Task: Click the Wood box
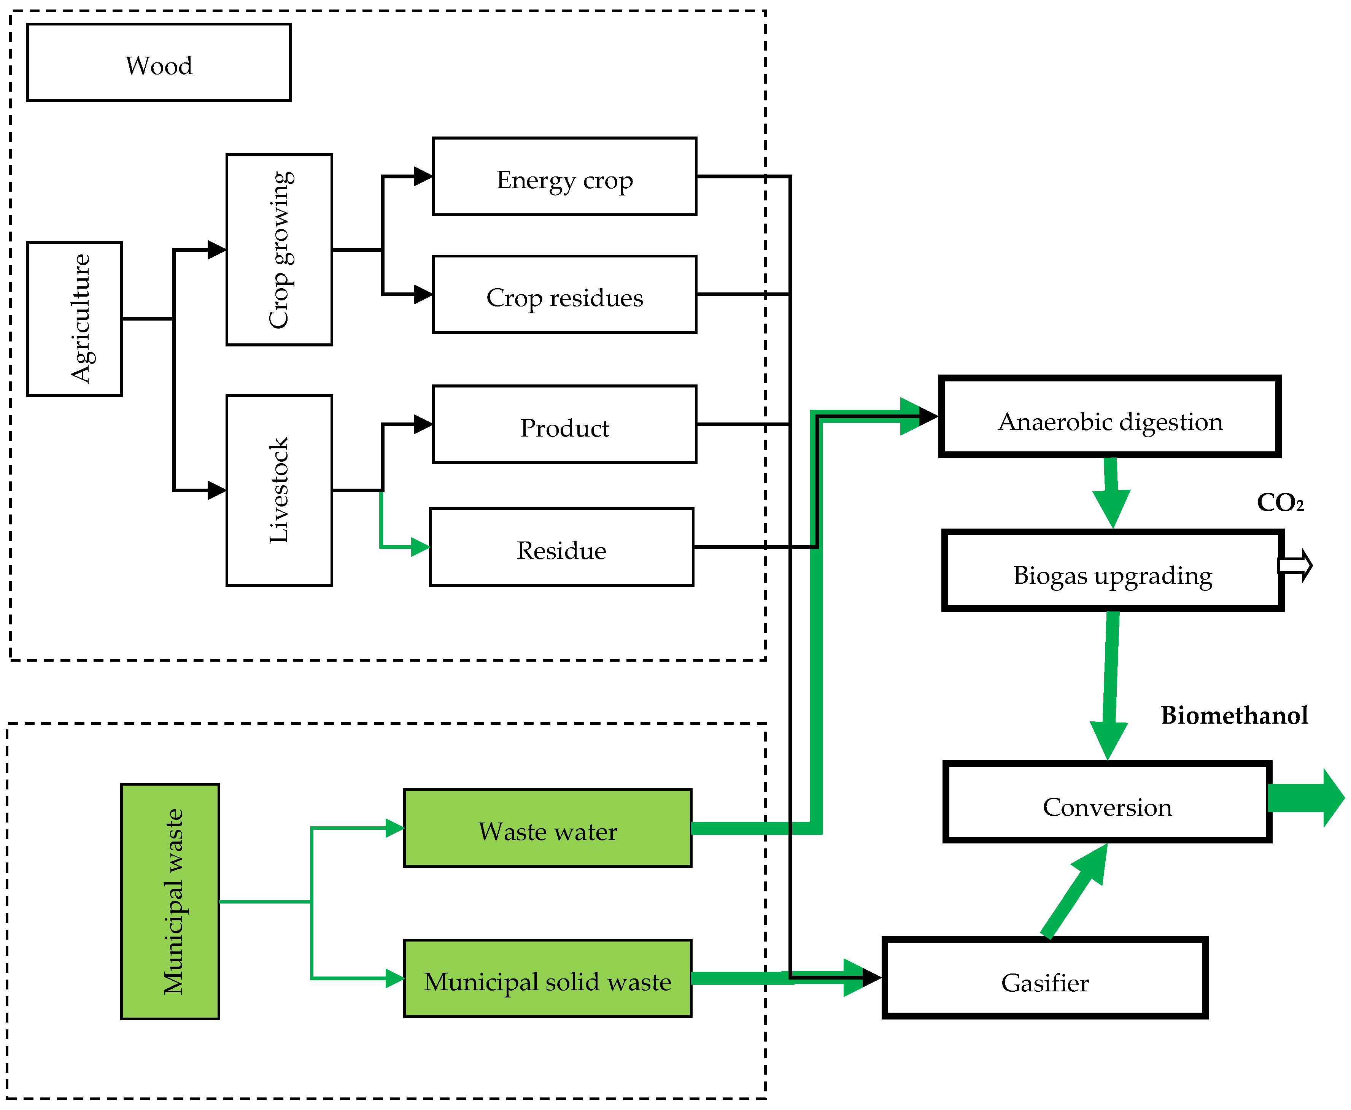tap(159, 63)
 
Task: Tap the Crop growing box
tap(280, 249)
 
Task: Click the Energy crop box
tap(564, 176)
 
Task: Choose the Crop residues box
tap(564, 295)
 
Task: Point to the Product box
tap(564, 424)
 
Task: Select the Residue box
tap(561, 547)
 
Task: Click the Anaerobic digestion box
tap(1110, 417)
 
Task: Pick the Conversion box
tap(1108, 802)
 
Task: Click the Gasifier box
tap(1045, 978)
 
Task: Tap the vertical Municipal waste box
tap(170, 902)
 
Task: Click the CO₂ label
tap(1280, 503)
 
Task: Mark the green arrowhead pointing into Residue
tap(420, 547)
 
